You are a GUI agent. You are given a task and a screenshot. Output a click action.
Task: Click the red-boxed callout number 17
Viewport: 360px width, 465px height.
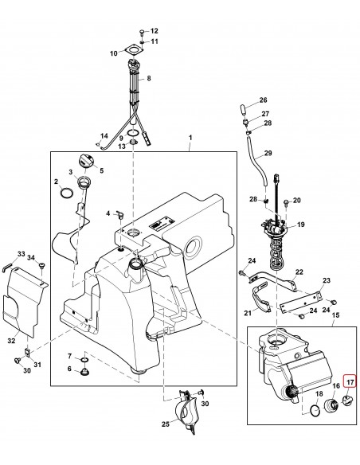(350, 382)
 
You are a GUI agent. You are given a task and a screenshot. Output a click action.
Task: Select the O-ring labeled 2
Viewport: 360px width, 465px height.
(67, 193)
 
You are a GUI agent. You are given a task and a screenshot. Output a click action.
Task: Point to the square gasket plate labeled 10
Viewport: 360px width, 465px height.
(133, 50)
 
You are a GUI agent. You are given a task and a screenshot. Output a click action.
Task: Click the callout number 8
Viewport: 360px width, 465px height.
(149, 78)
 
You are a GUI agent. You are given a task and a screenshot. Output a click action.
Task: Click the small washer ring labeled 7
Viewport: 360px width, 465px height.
(84, 360)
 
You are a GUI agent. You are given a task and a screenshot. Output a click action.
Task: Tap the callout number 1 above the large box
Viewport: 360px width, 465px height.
(190, 138)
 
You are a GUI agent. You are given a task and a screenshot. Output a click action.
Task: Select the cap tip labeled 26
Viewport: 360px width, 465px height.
(243, 110)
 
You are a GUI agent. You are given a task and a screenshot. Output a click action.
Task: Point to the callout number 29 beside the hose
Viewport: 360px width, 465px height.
(268, 153)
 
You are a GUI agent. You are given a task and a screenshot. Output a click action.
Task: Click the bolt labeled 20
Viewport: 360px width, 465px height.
(286, 202)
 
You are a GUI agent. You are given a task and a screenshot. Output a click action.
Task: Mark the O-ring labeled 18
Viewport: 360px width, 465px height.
(315, 410)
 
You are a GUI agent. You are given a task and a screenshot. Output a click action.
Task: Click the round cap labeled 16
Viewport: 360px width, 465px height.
(332, 406)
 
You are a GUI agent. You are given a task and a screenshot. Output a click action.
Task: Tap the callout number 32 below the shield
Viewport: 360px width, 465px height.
(11, 341)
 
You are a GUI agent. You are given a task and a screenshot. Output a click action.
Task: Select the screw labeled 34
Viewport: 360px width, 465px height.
(41, 265)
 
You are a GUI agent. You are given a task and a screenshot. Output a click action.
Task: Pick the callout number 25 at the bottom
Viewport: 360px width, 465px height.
(166, 424)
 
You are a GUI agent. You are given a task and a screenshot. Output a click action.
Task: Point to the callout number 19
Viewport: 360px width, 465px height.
(301, 225)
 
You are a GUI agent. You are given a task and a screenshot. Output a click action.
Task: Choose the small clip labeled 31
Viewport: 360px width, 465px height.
(28, 352)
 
